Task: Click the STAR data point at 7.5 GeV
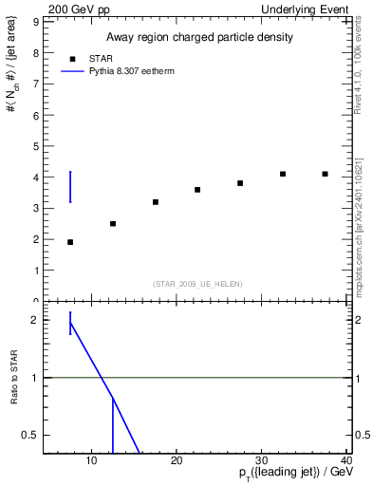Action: [x=70, y=242]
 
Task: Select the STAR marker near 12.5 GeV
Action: [x=113, y=224]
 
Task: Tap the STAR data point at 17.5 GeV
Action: [x=155, y=202]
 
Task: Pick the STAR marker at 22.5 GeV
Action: [x=197, y=190]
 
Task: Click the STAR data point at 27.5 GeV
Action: [x=240, y=183]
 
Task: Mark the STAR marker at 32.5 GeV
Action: [x=283, y=174]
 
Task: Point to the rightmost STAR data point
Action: [x=325, y=174]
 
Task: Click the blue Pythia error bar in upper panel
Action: [x=70, y=186]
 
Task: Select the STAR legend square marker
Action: [x=72, y=58]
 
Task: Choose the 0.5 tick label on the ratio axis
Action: [x=28, y=435]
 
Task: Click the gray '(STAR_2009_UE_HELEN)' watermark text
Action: [x=197, y=284]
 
